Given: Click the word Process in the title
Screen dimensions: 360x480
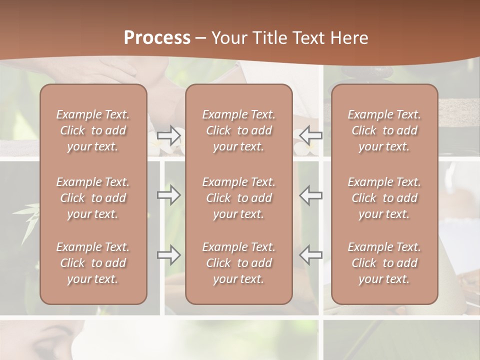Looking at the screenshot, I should point(157,38).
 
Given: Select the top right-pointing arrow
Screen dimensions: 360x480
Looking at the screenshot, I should point(169,134).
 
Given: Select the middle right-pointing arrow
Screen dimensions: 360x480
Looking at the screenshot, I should point(169,195).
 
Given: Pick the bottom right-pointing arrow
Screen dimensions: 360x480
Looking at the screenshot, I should point(169,255).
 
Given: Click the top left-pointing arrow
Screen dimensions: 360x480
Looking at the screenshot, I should point(311,134).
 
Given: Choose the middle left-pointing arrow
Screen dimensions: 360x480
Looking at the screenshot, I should point(311,195).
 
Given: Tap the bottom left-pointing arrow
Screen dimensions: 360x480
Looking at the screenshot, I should point(311,255).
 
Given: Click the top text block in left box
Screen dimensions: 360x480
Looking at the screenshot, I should point(93,130).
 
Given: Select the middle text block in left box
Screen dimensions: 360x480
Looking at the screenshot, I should point(93,198).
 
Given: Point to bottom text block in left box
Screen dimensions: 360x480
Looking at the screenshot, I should point(93,263).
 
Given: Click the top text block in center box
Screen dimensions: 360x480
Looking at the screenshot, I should point(238,130).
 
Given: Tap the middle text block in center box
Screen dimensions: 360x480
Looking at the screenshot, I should point(238,198).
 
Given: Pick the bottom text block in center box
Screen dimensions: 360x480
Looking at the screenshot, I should point(238,263).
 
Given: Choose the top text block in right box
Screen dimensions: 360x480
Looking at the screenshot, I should point(384,130).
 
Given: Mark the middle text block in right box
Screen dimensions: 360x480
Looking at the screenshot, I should point(384,198).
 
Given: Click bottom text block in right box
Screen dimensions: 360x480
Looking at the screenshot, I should point(384,263).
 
